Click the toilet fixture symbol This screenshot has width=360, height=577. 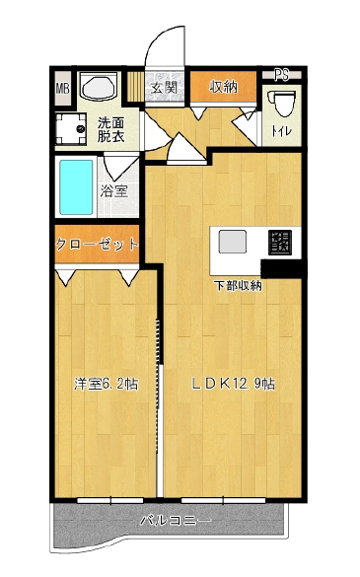[283, 104]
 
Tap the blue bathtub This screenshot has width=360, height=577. [76, 187]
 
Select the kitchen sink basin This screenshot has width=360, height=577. [233, 242]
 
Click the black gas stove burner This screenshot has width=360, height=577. [280, 243]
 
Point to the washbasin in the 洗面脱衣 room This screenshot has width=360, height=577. [99, 87]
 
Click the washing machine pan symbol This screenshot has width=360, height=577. [71, 129]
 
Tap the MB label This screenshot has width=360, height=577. [62, 89]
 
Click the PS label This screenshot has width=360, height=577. [282, 74]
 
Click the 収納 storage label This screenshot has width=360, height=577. [224, 87]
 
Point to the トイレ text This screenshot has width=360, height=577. [282, 131]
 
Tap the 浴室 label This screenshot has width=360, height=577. [114, 190]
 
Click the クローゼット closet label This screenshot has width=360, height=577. [98, 244]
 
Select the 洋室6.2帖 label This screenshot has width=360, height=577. [106, 384]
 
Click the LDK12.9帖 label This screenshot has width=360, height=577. [233, 384]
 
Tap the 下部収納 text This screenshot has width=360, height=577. [238, 286]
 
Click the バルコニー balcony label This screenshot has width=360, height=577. [176, 521]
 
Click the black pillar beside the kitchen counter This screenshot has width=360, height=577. [283, 268]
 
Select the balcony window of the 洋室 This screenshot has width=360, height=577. [110, 500]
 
